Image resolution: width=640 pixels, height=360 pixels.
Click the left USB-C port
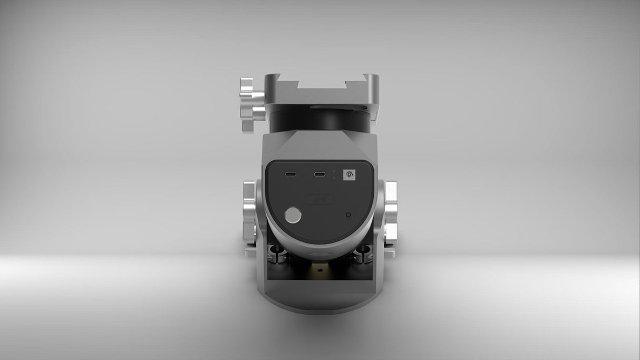290,174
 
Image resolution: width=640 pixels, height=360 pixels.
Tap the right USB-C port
318,174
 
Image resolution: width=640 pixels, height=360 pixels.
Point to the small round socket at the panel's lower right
347,215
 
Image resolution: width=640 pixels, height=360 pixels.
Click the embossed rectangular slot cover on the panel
320,199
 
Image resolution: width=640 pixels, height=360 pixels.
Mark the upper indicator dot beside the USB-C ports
334,171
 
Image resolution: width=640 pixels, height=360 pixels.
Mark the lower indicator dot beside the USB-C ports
334,178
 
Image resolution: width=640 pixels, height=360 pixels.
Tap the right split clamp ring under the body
363,254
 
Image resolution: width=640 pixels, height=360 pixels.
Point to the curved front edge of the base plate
320,307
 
